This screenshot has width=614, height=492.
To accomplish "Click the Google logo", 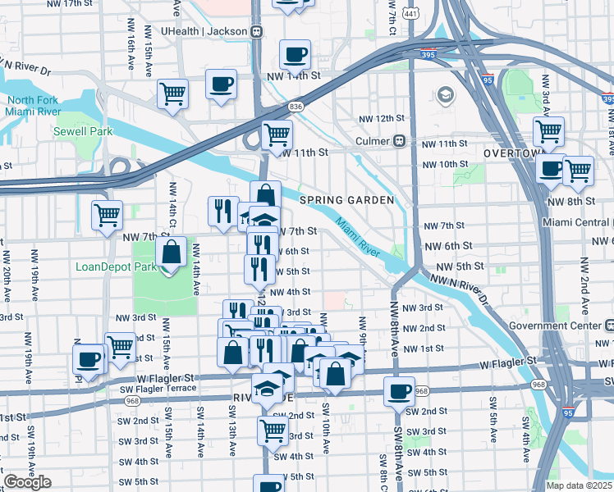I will (27, 482).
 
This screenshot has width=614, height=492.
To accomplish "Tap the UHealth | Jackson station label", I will (204, 31).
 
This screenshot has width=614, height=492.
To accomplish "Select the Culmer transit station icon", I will (400, 140).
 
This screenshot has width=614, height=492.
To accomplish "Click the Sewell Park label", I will (77, 131).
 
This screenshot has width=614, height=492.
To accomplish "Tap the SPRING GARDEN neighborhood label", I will (346, 200).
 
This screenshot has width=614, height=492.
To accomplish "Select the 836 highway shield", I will (296, 107).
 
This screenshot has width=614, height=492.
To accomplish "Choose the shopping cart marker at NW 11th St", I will (277, 133).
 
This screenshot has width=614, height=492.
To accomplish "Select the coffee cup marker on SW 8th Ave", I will (399, 390).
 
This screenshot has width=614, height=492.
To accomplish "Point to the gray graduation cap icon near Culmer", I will (446, 94).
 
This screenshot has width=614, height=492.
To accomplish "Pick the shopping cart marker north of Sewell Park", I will (173, 93).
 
